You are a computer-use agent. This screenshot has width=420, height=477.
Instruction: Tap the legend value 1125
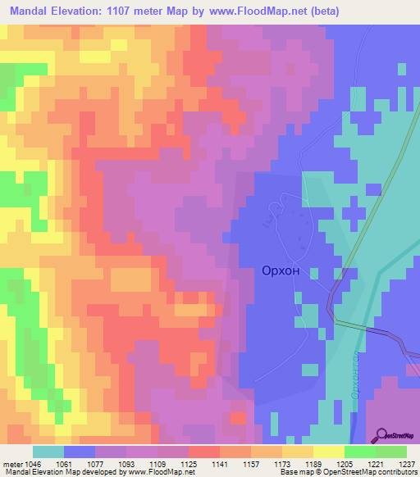pos(188,463)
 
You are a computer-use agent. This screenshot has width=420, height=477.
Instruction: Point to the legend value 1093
pos(126,463)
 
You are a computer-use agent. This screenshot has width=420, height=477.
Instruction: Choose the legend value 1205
pos(345,463)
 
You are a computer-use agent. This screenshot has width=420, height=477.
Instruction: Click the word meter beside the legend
pos(11,463)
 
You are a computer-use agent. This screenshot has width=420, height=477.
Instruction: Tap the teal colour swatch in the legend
pos(48,452)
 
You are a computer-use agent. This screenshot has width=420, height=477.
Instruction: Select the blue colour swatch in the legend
pos(79,452)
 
